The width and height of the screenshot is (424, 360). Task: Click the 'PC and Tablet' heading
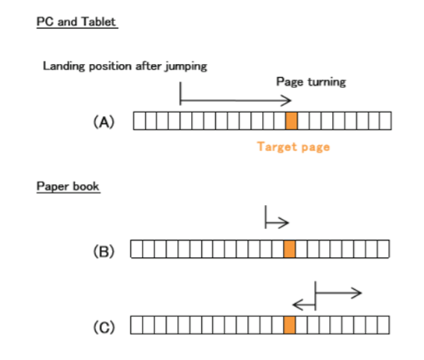click(77, 22)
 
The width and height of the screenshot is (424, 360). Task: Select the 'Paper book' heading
click(68, 186)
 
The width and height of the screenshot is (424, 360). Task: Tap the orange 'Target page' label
click(293, 147)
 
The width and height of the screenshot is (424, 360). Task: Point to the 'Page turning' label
click(311, 82)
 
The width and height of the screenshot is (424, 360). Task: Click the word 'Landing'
click(64, 66)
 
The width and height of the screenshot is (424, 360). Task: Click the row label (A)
click(104, 122)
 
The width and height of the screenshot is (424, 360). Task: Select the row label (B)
click(104, 252)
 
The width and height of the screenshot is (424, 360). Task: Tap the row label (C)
click(104, 327)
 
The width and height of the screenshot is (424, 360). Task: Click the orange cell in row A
click(291, 121)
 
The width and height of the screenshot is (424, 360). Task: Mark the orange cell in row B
click(289, 249)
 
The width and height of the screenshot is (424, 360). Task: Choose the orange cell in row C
click(289, 325)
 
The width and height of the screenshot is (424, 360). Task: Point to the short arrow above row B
click(277, 223)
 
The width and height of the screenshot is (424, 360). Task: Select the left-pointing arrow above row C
click(304, 305)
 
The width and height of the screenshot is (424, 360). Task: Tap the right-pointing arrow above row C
click(338, 293)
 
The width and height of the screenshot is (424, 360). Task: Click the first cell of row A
click(140, 121)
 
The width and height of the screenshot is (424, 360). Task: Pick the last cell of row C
click(383, 325)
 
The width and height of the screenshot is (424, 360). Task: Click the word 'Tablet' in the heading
click(99, 22)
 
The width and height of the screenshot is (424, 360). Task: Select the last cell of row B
click(383, 249)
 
